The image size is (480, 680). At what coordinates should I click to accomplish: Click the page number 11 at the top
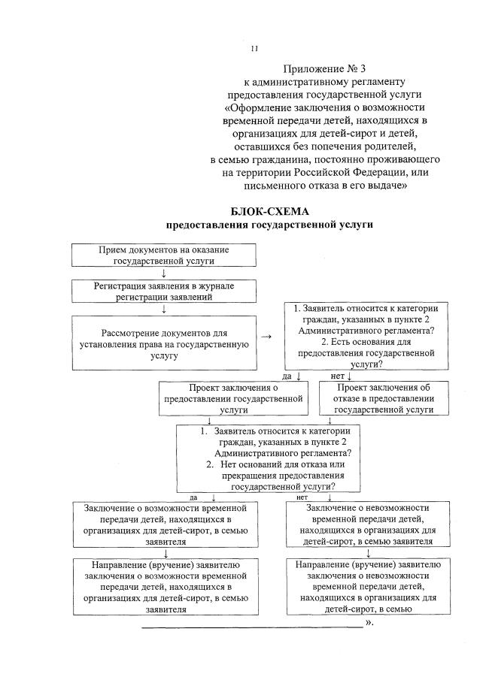click(254, 49)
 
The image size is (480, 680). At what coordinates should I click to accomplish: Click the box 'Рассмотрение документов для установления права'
click(163, 343)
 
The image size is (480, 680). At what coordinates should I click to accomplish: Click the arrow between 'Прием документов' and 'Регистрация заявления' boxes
click(163, 274)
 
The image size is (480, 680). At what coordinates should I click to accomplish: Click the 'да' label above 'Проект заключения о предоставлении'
click(287, 376)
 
